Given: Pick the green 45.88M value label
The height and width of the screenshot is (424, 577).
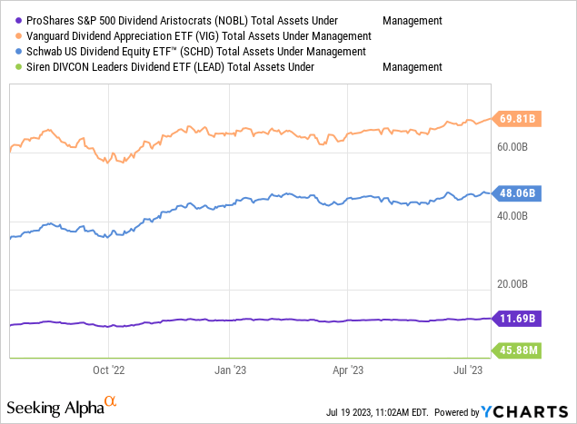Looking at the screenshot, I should (519, 350).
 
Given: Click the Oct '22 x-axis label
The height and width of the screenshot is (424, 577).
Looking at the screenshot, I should (109, 370).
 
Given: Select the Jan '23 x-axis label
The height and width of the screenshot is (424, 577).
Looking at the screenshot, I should (228, 370).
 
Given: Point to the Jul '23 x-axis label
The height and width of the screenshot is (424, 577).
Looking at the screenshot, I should (467, 370).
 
